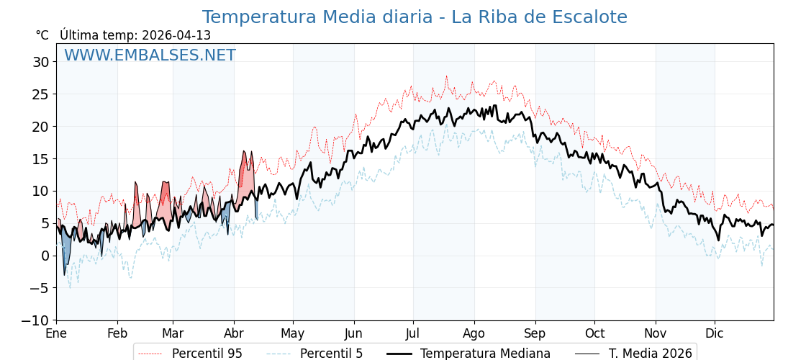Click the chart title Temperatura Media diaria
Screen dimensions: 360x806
pyautogui.click(x=415, y=17)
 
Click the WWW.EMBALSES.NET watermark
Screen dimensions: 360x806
pyautogui.click(x=150, y=55)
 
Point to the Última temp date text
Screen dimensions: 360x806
pyautogui.click(x=135, y=35)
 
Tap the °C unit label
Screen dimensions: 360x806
pyautogui.click(x=42, y=35)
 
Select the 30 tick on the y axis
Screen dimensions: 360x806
pyautogui.click(x=41, y=62)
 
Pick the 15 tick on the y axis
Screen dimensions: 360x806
pyautogui.click(x=41, y=159)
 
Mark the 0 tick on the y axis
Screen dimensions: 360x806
pyautogui.click(x=45, y=256)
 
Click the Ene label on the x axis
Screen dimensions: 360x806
pyautogui.click(x=56, y=333)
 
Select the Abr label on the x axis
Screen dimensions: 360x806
pyautogui.click(x=234, y=333)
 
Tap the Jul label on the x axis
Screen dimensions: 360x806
pyautogui.click(x=413, y=333)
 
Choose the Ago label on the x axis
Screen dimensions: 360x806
pyautogui.click(x=474, y=333)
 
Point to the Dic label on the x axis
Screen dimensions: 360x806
pyautogui.click(x=715, y=333)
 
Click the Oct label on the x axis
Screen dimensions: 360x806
pyautogui.click(x=594, y=333)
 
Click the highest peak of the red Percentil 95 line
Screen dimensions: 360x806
pyautogui.click(x=446, y=76)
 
